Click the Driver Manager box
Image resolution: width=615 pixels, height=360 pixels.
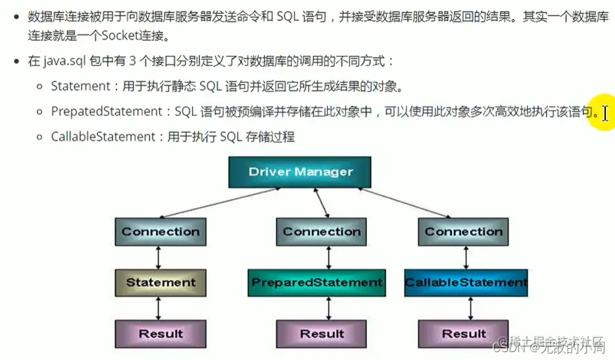click(301, 172)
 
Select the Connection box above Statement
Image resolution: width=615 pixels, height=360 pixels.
click(160, 232)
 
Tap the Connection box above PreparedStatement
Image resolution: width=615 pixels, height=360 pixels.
click(322, 232)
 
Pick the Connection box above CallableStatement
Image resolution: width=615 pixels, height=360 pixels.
click(463, 232)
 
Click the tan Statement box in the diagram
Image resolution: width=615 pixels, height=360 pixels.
click(160, 282)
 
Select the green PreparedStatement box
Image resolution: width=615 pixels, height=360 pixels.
click(317, 282)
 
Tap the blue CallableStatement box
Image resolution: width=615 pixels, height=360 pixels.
click(466, 282)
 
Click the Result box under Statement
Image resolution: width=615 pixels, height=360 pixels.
click(160, 334)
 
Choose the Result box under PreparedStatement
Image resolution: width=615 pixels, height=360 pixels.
click(322, 334)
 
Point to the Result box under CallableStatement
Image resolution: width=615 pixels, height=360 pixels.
click(463, 334)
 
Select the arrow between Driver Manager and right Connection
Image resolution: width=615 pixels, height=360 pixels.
click(408, 203)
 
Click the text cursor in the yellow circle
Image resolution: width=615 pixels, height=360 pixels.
click(604, 113)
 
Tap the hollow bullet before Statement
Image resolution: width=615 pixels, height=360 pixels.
click(41, 86)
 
